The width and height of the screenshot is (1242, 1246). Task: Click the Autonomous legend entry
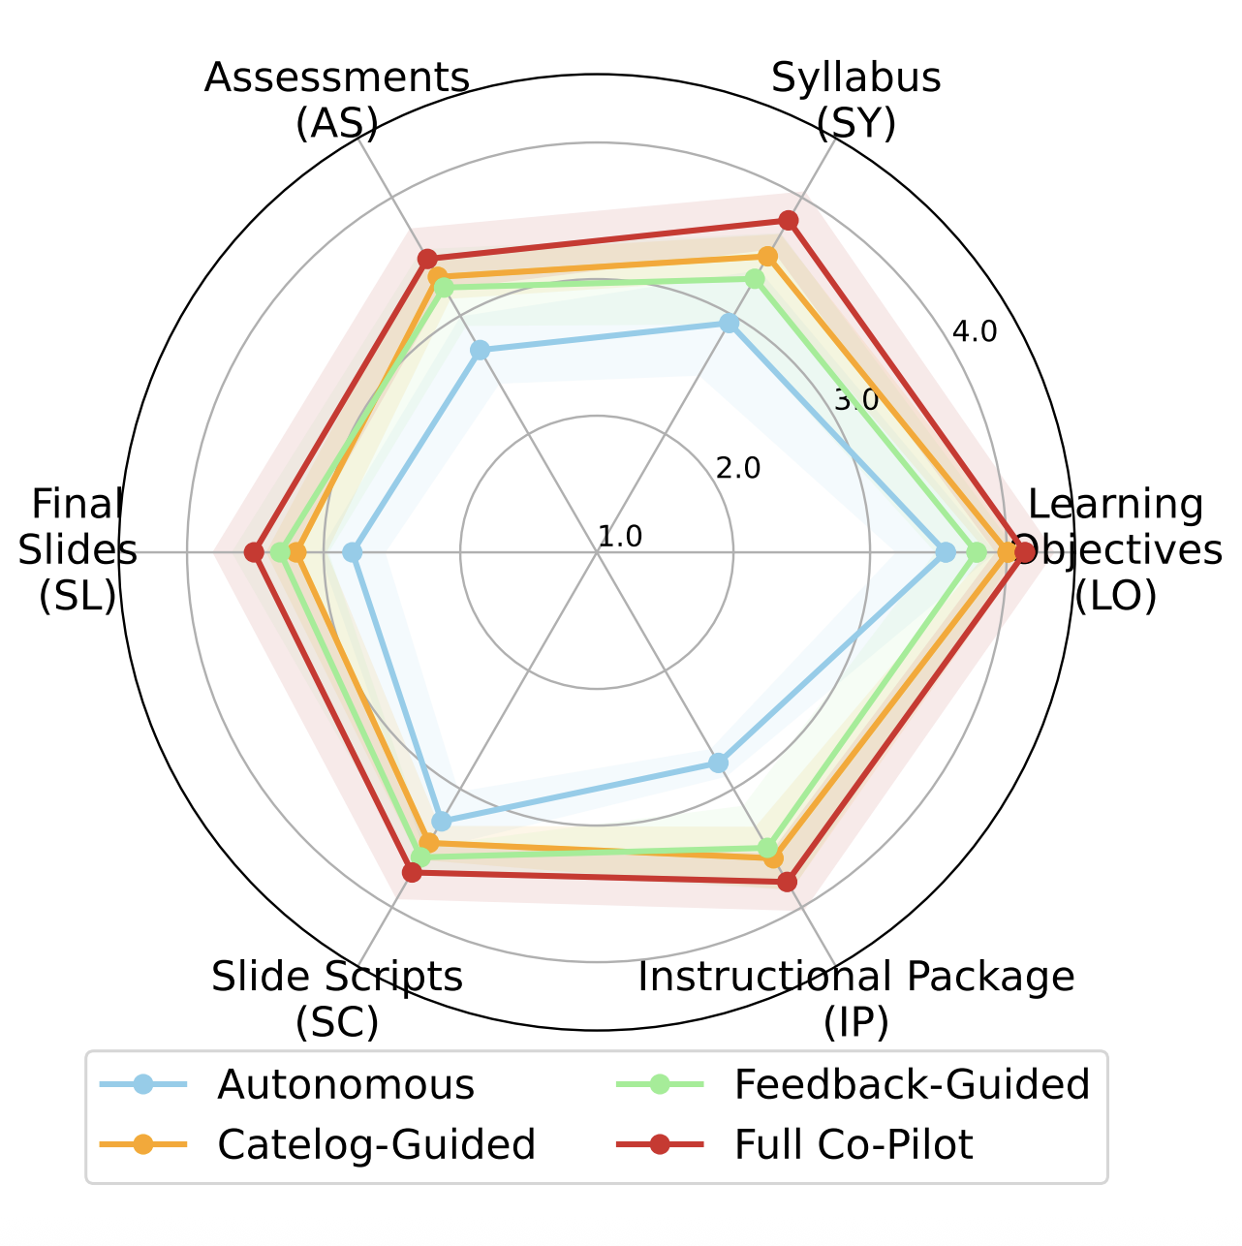[x=346, y=1085]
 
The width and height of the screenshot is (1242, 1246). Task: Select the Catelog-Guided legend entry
[x=376, y=1145]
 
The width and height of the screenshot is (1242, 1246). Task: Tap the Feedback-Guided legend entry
[x=912, y=1085]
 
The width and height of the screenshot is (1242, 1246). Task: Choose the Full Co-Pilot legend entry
[x=853, y=1145]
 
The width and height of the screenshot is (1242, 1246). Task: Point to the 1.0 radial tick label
[x=620, y=537]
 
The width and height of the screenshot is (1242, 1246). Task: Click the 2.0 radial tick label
[x=738, y=469]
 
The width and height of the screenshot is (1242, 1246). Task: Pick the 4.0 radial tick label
[x=974, y=332]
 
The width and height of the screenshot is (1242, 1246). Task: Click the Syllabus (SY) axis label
[x=856, y=101]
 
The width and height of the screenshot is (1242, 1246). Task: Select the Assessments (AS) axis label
[x=337, y=101]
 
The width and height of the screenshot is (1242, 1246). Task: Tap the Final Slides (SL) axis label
[x=78, y=550]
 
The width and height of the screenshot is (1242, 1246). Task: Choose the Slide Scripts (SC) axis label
[x=337, y=998]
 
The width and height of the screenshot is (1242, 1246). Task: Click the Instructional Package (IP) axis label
[x=856, y=998]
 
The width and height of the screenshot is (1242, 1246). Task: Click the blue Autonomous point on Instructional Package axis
[x=718, y=763]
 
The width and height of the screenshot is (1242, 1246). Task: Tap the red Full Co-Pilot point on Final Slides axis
[x=254, y=552]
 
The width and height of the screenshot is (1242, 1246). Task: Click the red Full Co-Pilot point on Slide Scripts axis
[x=412, y=873]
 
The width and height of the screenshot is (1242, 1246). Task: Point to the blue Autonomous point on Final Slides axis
[x=353, y=552]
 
